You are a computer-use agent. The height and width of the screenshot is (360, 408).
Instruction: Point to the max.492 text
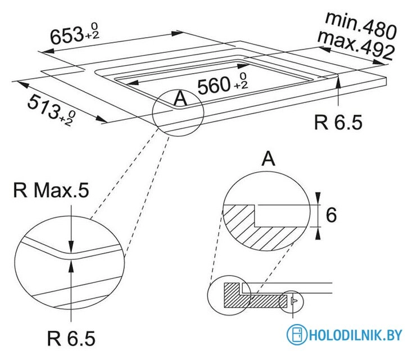click(x=355, y=44)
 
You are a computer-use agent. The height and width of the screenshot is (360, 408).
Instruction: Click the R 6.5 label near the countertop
click(x=338, y=123)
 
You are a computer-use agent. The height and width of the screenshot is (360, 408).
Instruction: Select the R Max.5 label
click(x=51, y=191)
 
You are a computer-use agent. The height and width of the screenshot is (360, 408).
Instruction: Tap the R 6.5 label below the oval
click(x=71, y=339)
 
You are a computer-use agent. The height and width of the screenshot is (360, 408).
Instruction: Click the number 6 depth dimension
click(x=331, y=215)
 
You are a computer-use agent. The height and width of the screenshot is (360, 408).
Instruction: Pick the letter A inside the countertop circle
click(x=180, y=99)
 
